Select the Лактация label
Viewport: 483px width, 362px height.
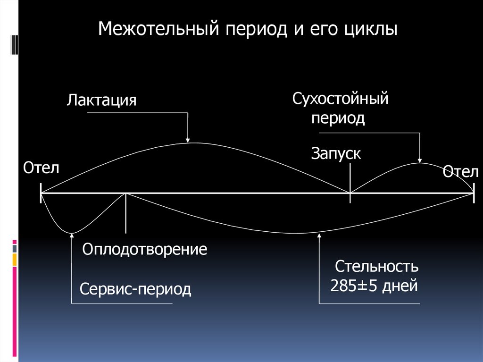(x=101, y=101)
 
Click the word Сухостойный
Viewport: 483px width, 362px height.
(x=340, y=99)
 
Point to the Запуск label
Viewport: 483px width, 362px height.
(x=336, y=153)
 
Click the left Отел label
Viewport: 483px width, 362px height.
(x=41, y=167)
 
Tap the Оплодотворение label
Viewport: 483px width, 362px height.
(x=145, y=249)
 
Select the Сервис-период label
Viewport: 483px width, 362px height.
(x=135, y=288)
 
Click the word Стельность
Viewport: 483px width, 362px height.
(x=377, y=267)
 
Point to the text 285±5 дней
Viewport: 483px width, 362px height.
(x=374, y=286)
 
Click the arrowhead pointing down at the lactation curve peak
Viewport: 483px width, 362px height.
(x=188, y=139)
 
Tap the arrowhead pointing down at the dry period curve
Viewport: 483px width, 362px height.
(x=420, y=160)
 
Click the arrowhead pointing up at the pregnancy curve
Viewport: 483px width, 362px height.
(x=319, y=236)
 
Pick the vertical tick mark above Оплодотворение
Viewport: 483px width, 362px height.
(x=126, y=213)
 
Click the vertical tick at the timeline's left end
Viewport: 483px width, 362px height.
(x=41, y=193)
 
